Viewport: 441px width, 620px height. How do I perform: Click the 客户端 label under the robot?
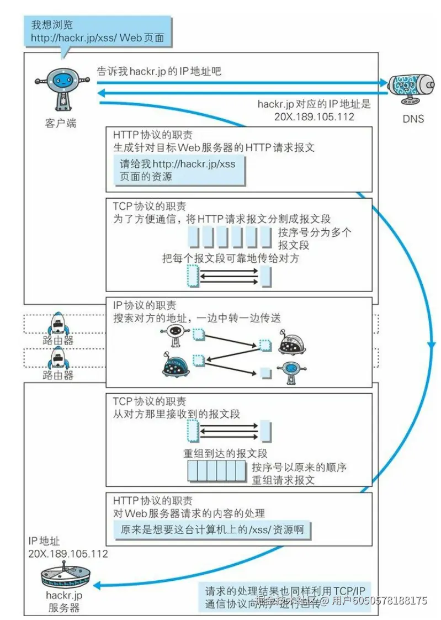[60, 123]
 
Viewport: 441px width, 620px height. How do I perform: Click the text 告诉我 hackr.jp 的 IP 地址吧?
[160, 71]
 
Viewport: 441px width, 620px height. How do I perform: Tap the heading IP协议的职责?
[145, 305]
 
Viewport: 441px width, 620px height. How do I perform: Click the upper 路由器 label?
[59, 341]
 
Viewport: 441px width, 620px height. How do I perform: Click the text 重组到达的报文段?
[226, 453]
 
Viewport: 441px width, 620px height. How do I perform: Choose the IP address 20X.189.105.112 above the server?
[68, 553]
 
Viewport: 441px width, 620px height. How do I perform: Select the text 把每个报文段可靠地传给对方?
[230, 258]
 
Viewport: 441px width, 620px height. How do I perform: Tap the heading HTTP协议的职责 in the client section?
[153, 135]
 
